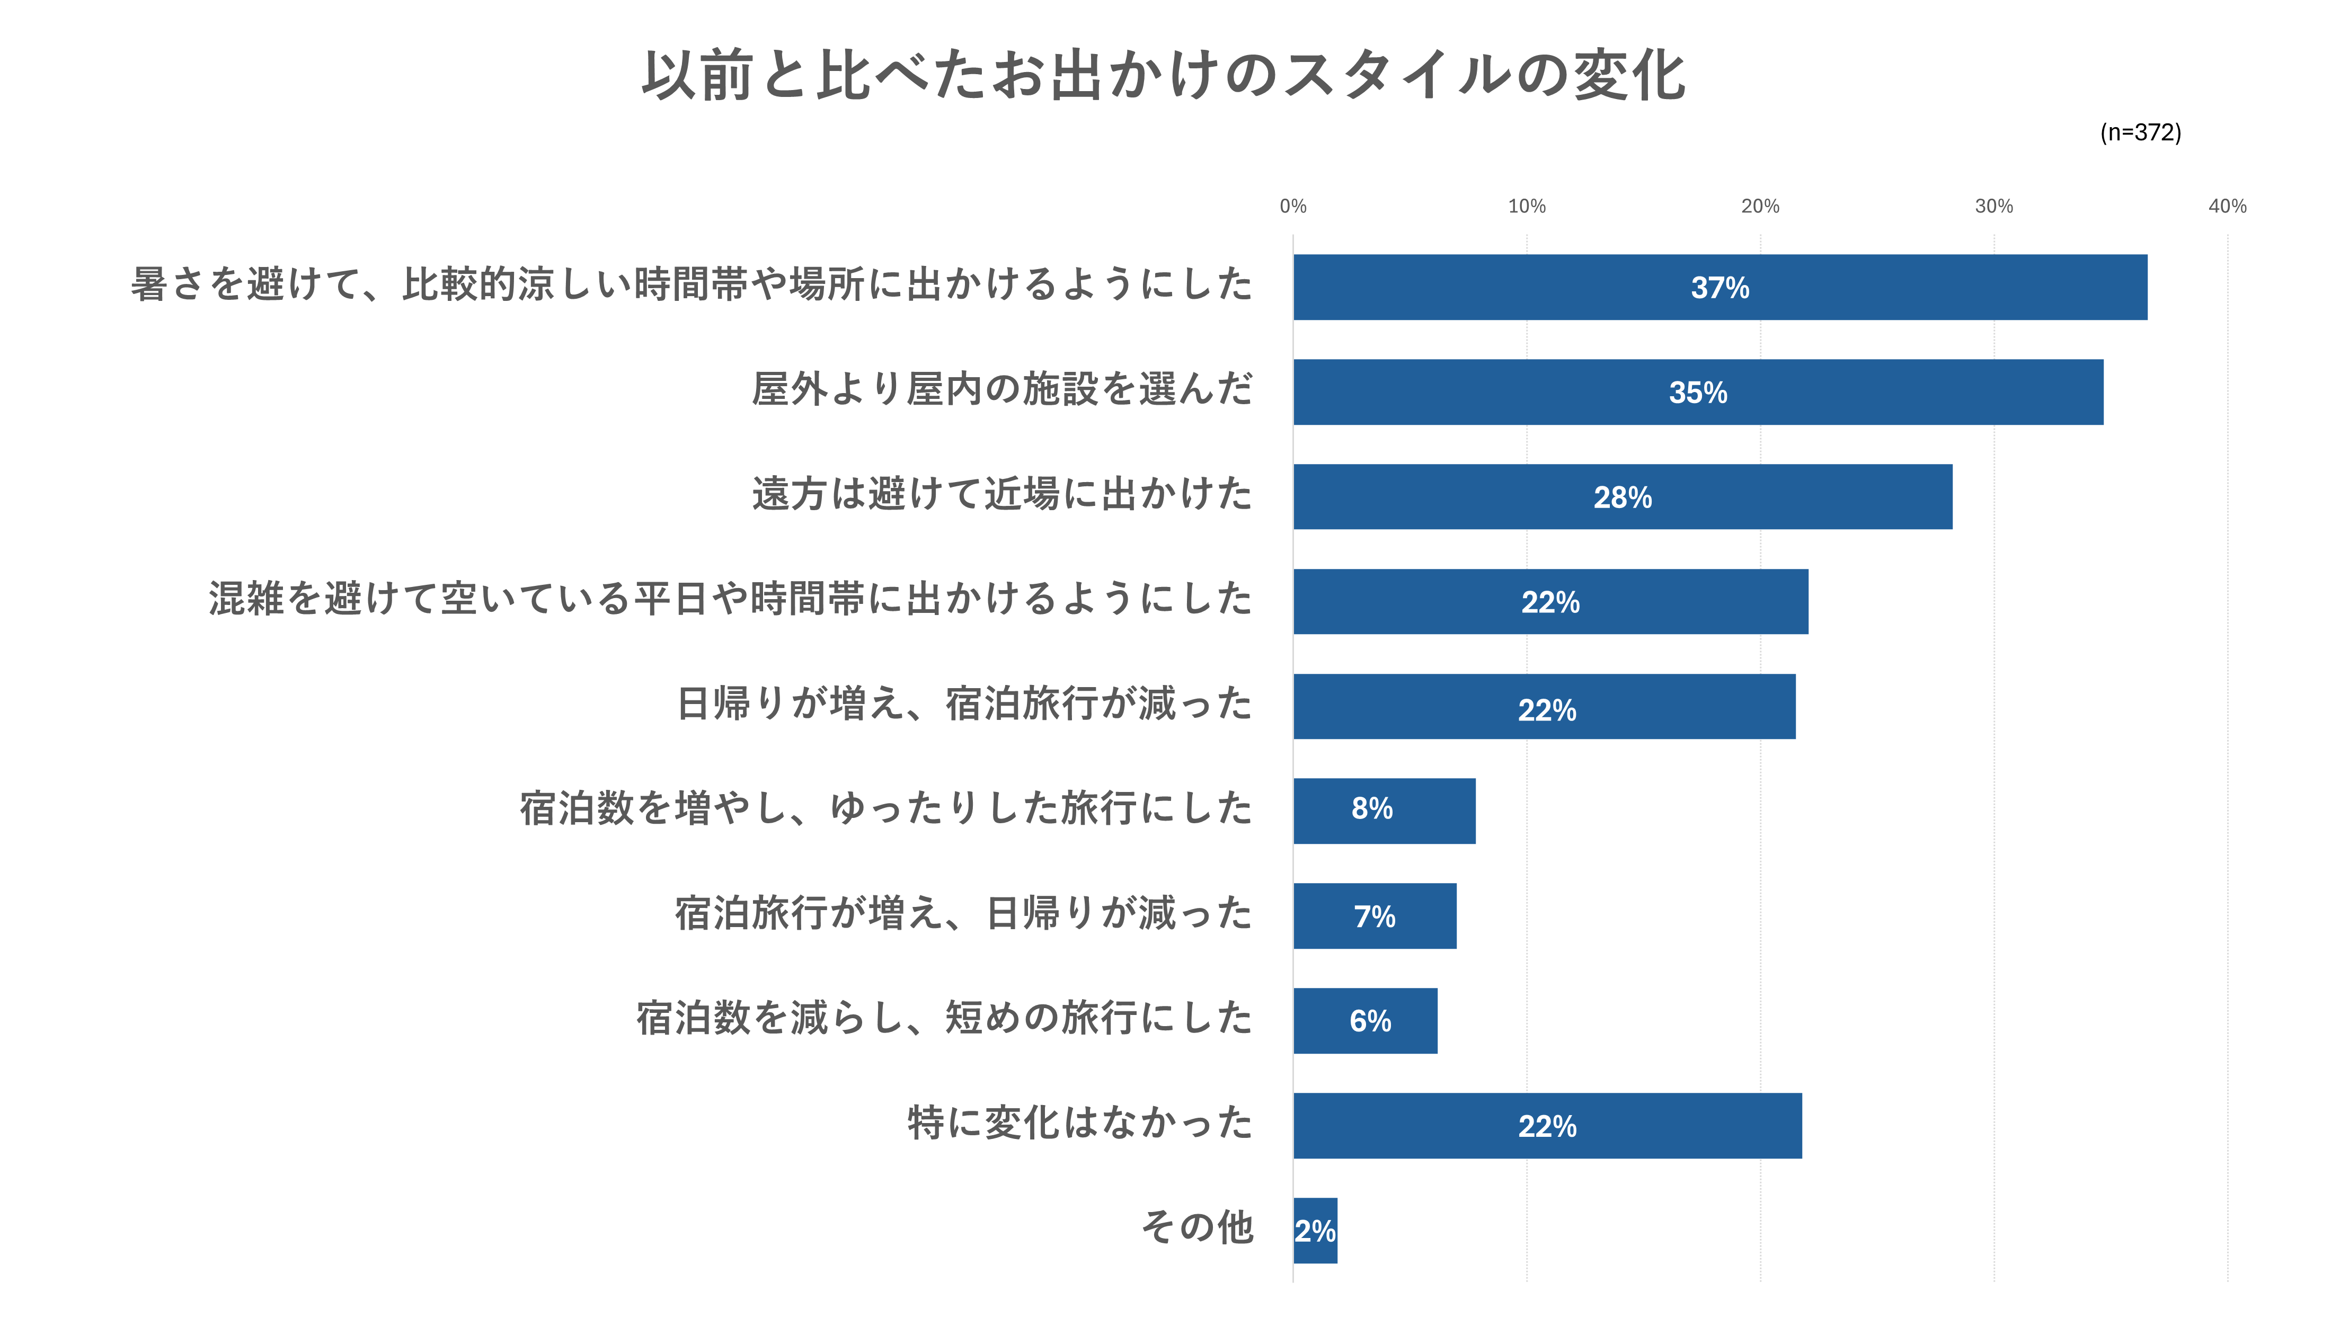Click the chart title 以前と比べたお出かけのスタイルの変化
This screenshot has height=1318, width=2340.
[1164, 75]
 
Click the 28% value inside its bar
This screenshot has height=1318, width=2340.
[1623, 498]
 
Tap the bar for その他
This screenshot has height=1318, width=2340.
[1315, 1231]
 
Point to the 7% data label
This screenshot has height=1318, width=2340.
[1375, 916]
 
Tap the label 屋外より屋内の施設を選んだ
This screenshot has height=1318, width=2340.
[1002, 389]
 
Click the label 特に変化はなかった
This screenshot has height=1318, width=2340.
[1080, 1123]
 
